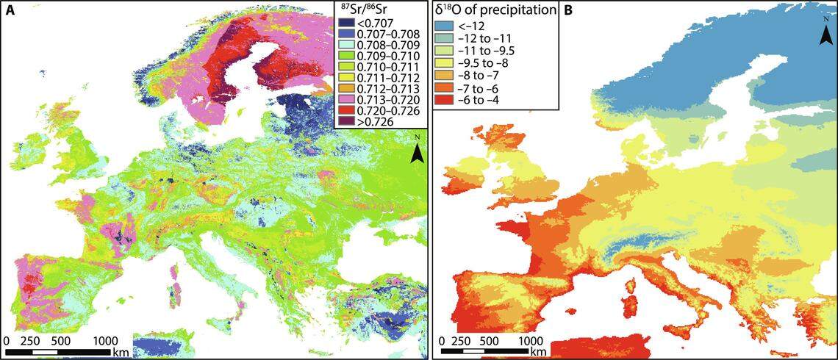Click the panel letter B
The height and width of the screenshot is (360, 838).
tap(569, 10)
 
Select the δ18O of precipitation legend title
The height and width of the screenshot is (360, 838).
tap(496, 10)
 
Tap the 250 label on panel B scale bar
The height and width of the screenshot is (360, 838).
tap(462, 341)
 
